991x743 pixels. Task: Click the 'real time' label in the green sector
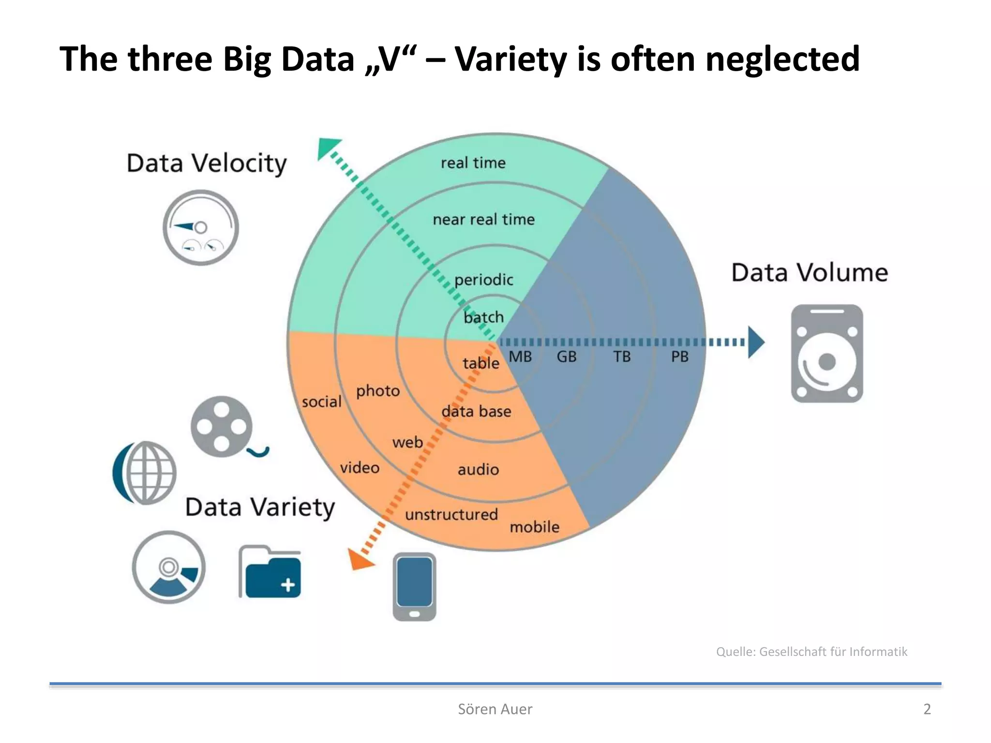[x=473, y=163]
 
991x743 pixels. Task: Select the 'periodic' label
[x=483, y=280]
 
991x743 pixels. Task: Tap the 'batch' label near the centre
[x=483, y=317]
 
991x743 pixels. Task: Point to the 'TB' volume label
[x=622, y=357]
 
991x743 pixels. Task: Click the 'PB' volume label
[x=679, y=357]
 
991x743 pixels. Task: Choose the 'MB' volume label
[x=520, y=357]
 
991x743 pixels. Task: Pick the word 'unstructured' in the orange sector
[x=451, y=514]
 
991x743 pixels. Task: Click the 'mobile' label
[x=534, y=527]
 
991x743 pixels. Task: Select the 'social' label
[x=321, y=401]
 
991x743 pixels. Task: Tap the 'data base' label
[x=476, y=412]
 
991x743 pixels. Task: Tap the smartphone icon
[x=414, y=587]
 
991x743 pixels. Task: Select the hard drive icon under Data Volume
[x=826, y=354]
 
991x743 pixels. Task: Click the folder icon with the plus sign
[x=270, y=573]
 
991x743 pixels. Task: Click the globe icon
[x=145, y=473]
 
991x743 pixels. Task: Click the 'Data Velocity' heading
[x=207, y=163]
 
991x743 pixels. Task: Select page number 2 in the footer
[x=927, y=709]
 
